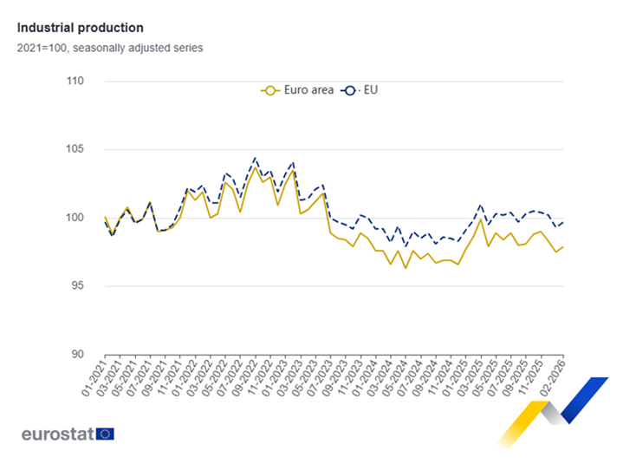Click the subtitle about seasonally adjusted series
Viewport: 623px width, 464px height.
(110, 48)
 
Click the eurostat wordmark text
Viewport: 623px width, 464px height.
(58, 433)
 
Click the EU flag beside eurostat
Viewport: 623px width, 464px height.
(106, 434)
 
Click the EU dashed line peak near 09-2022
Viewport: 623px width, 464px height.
(255, 158)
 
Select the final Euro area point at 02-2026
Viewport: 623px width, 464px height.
(563, 246)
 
